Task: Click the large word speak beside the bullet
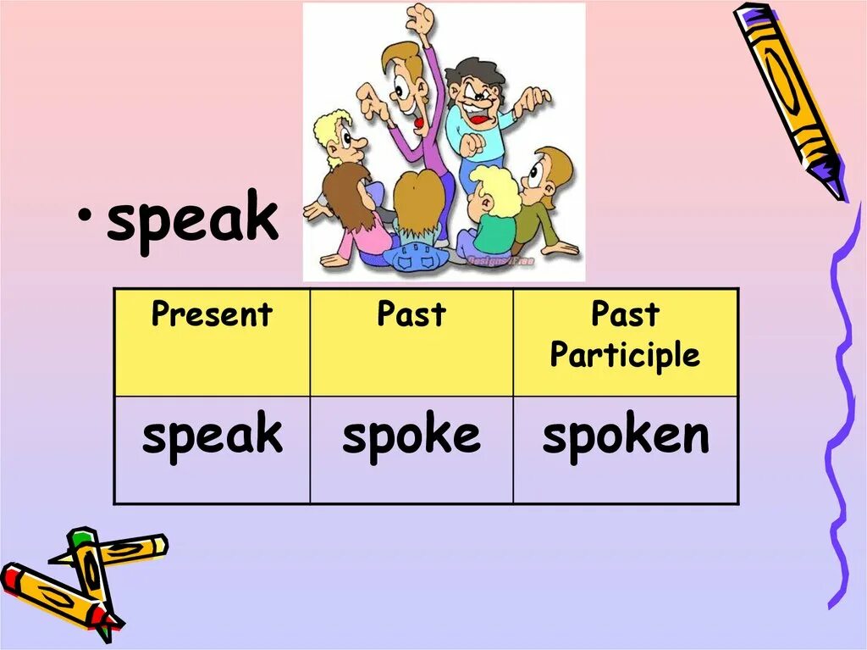[192, 219]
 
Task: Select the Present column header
[212, 314]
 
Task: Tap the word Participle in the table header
[625, 355]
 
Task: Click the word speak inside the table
[212, 436]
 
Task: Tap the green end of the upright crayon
[80, 537]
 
